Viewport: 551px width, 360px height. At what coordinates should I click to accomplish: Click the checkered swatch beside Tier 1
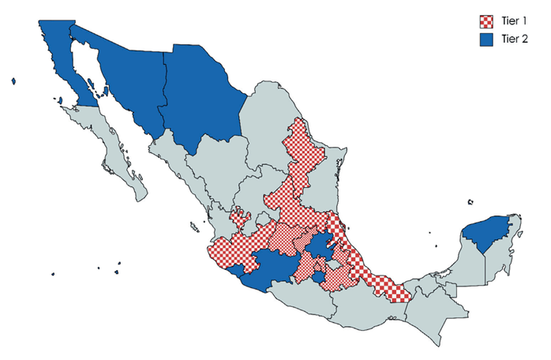(x=487, y=21)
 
